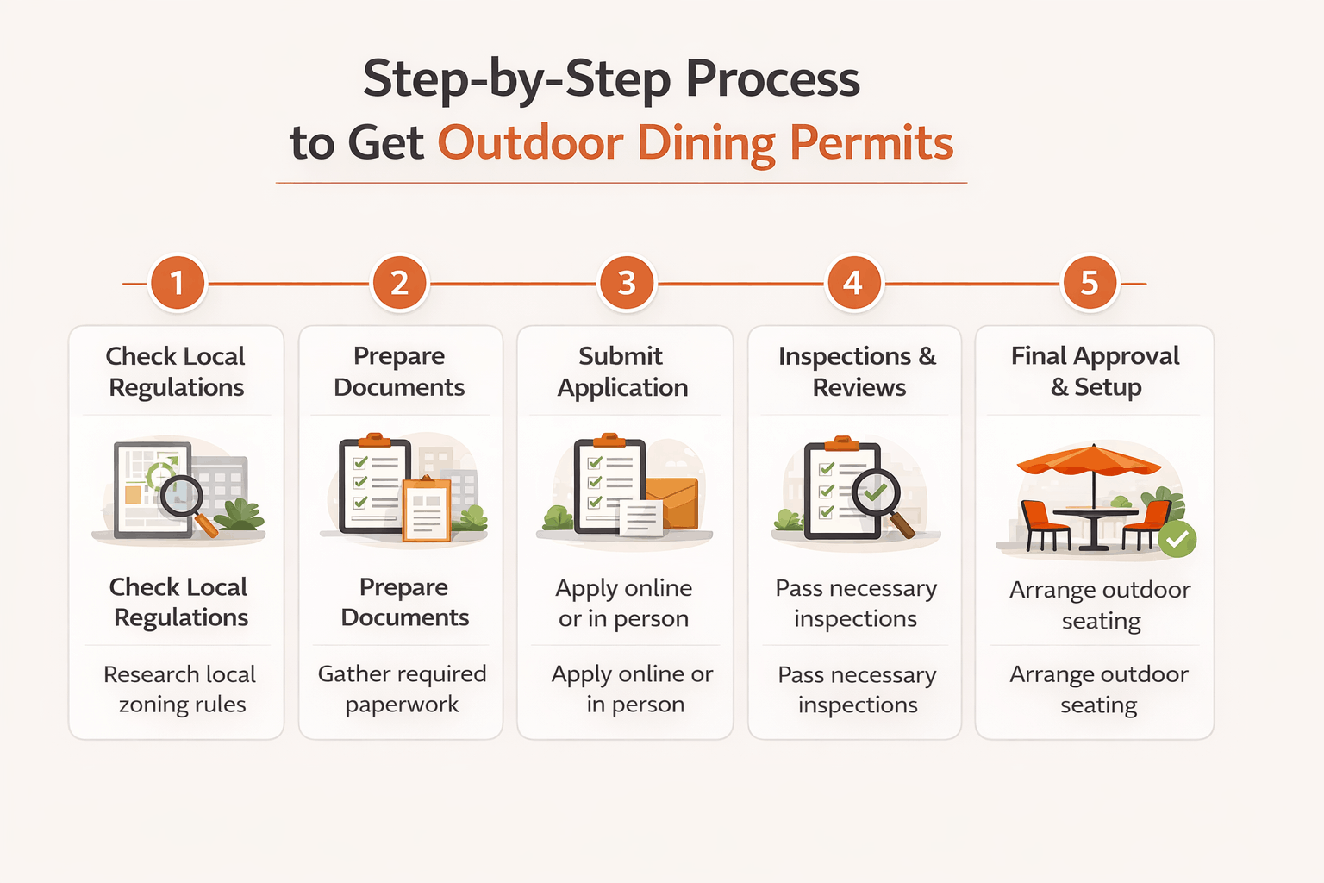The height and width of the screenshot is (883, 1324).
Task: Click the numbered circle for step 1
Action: (178, 283)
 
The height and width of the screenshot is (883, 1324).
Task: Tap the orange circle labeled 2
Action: (399, 283)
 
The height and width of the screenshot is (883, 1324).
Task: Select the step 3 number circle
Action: (627, 283)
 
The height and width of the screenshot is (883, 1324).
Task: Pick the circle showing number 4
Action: (852, 283)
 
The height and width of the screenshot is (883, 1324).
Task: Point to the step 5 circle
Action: (1090, 283)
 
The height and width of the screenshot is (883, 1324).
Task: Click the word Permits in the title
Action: (871, 143)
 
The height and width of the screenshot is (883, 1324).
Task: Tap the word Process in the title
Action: (772, 79)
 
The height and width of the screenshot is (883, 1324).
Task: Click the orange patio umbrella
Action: (1090, 461)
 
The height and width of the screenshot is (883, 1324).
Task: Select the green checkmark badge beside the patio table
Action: (1177, 540)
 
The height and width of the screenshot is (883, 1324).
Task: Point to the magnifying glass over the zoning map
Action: (184, 498)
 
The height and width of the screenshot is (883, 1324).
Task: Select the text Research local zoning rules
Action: (180, 689)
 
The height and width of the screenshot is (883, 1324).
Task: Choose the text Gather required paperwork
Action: (402, 689)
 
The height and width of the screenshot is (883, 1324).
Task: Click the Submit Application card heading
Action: (621, 372)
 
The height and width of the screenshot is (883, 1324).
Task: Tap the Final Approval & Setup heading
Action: (1095, 372)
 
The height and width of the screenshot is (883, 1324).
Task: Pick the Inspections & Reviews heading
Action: (857, 372)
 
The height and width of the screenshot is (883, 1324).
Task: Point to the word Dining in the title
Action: (706, 143)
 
